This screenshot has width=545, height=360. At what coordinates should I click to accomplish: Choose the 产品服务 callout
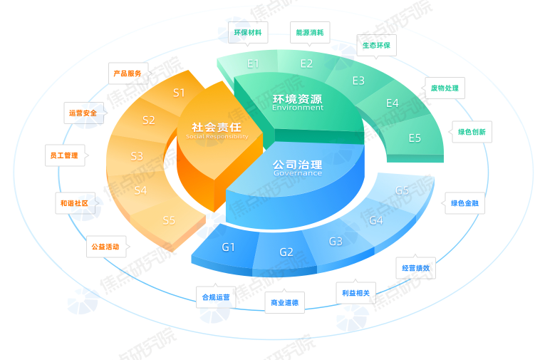[x=128, y=73]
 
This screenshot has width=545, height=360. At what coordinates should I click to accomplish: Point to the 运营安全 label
[x=83, y=113]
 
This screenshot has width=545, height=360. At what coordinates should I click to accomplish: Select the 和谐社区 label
[x=74, y=203]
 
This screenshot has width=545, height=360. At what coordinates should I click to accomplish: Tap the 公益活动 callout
[x=105, y=247]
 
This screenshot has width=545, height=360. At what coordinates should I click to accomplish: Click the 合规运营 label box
[x=216, y=297]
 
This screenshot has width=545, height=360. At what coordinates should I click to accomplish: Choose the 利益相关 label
[x=356, y=292]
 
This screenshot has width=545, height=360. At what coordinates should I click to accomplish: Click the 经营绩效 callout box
[x=416, y=268]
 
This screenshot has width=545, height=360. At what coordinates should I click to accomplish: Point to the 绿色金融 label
[x=464, y=203]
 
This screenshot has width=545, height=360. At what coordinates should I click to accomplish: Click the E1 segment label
[x=253, y=63]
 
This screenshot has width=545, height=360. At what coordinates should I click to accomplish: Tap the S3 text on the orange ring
[x=137, y=156]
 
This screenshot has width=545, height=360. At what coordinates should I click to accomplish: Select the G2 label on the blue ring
[x=286, y=252]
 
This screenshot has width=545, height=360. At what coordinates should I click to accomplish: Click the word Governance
[x=297, y=173]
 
